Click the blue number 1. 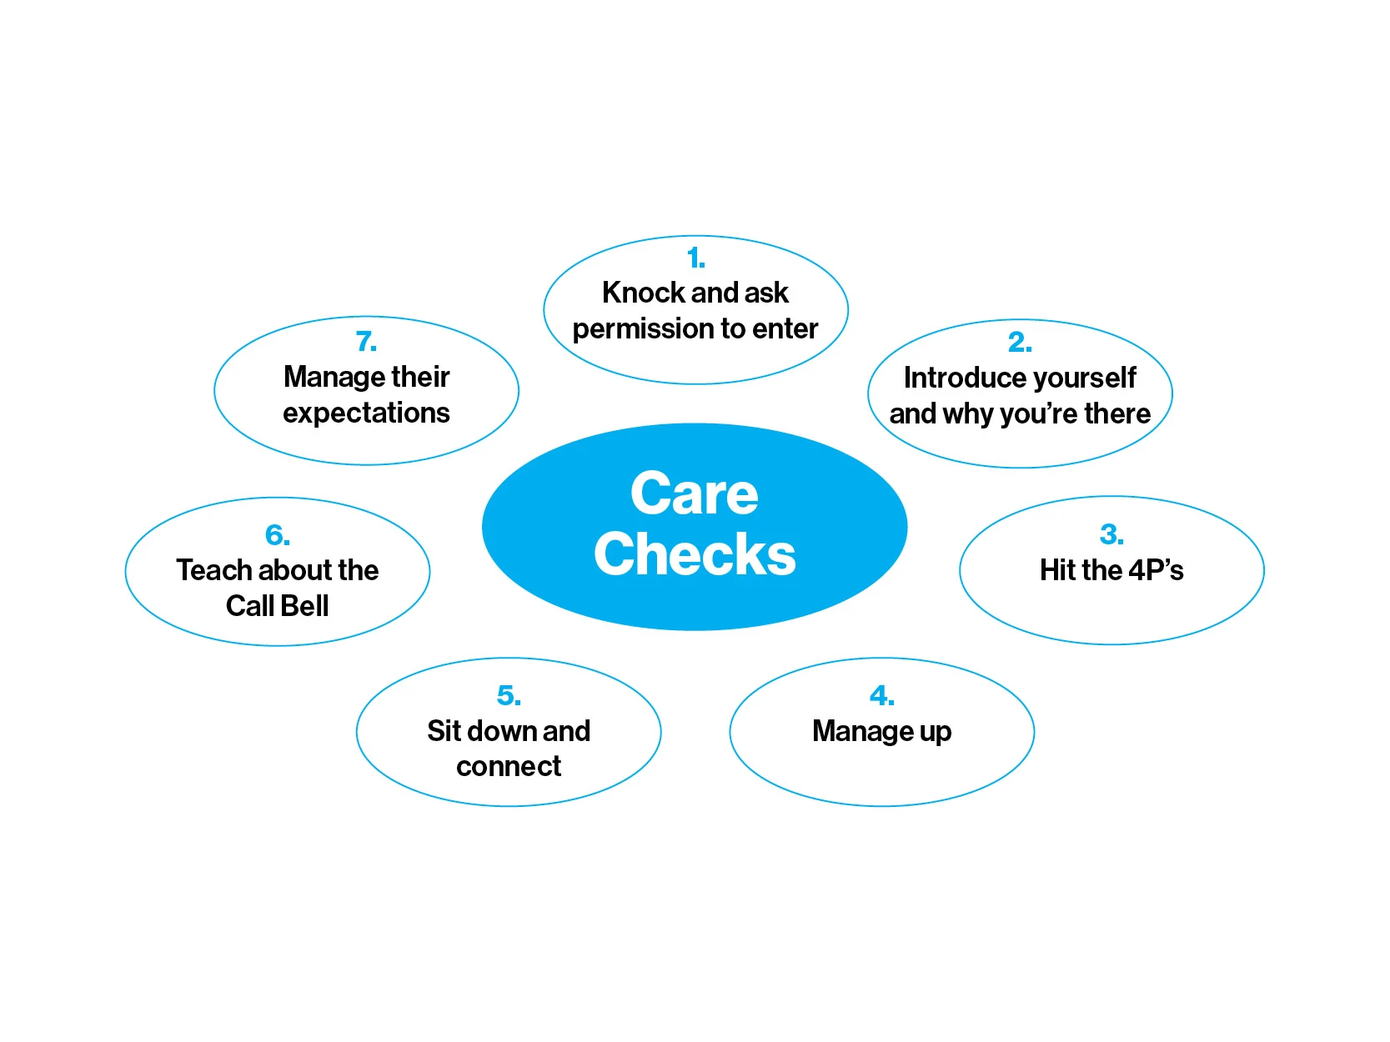pos(695,258)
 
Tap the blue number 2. pos(1019,342)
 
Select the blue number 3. pos(1111,534)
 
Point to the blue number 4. pos(881,695)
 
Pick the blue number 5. pos(509,695)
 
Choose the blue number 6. pos(277,535)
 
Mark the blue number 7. pos(366,342)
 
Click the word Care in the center pos(695,493)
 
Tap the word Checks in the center pos(695,554)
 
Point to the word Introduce pos(956,378)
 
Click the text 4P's pos(1156,570)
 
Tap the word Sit pos(444,731)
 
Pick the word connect pos(509,766)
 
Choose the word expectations pos(366,413)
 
